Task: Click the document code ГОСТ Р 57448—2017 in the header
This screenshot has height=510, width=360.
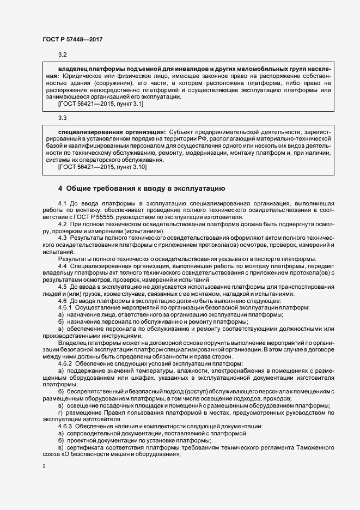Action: point(72,39)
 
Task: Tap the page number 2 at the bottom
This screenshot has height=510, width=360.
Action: point(44,467)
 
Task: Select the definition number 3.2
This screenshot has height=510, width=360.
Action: point(62,55)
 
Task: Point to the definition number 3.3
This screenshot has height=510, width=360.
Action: point(62,118)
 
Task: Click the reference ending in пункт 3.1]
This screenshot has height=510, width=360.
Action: point(101,104)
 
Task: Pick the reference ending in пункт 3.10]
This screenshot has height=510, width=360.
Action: point(102,166)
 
